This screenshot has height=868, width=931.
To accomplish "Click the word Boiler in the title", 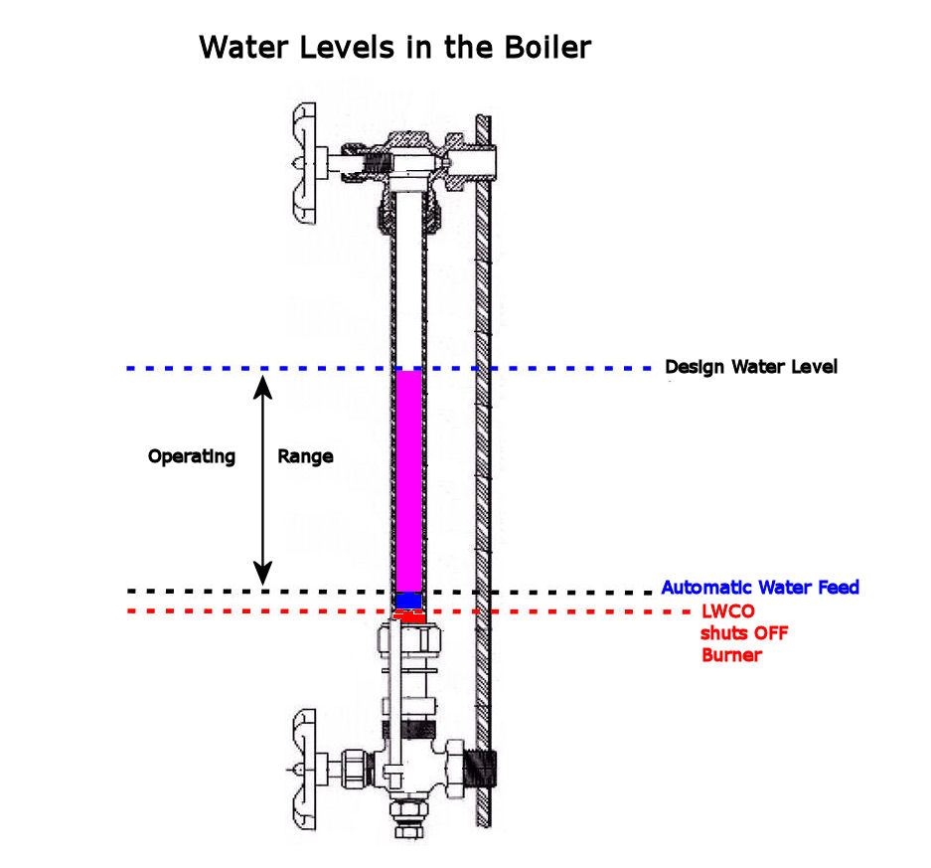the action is [x=547, y=48].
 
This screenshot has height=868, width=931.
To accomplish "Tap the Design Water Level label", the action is [x=751, y=367].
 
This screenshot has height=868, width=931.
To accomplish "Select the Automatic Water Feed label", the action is [x=760, y=588].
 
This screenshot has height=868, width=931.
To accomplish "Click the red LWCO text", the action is [x=728, y=611].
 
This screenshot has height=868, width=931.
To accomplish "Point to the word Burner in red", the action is [x=731, y=654].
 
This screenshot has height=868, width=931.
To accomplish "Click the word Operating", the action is [x=192, y=457].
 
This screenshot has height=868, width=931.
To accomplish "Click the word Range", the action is [x=305, y=456].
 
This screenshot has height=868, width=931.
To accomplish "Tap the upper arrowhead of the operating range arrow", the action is [x=263, y=388].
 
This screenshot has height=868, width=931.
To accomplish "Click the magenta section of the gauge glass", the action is [x=409, y=481].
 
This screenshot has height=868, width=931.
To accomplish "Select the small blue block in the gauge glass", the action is [x=409, y=601].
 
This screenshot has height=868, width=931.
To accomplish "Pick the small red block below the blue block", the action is [x=409, y=616].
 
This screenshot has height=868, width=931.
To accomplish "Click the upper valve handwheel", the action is [x=304, y=163].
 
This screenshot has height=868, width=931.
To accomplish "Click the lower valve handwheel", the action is [x=305, y=769].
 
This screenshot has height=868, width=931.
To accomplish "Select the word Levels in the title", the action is [x=348, y=48].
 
